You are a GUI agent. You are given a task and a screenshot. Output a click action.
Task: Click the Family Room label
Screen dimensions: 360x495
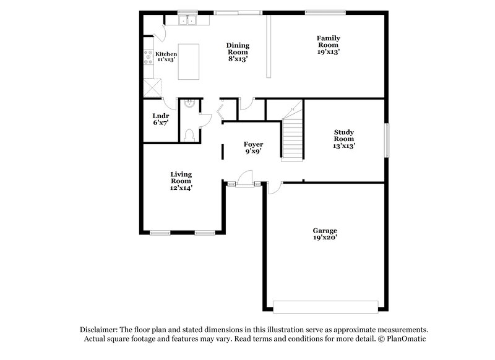click(x=329, y=45)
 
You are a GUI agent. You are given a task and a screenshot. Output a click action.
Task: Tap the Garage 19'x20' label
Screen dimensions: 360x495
click(x=324, y=233)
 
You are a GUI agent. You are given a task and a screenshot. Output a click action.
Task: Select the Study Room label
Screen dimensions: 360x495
click(x=343, y=139)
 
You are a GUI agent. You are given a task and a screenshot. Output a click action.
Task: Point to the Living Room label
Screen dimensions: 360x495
click(x=181, y=181)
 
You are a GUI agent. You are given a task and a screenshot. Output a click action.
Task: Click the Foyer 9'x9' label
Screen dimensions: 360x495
click(x=254, y=148)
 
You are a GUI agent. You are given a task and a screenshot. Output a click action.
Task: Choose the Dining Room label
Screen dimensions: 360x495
click(x=238, y=52)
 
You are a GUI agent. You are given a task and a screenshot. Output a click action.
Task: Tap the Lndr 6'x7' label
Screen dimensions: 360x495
click(x=160, y=119)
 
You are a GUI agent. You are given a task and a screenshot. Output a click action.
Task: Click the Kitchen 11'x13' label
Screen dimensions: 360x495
click(x=166, y=57)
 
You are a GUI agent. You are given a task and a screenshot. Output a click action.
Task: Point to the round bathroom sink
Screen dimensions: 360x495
click(x=189, y=105)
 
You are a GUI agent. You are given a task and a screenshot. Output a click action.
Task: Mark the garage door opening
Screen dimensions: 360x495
click(x=325, y=306)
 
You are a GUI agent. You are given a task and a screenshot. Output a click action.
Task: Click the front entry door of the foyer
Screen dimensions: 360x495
click(x=246, y=183)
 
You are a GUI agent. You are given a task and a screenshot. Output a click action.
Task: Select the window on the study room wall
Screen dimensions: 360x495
click(x=388, y=140)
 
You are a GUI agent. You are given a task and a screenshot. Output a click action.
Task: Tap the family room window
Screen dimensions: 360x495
click(x=325, y=11)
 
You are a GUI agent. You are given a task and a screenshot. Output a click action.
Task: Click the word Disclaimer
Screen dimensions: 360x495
click(x=100, y=330)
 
